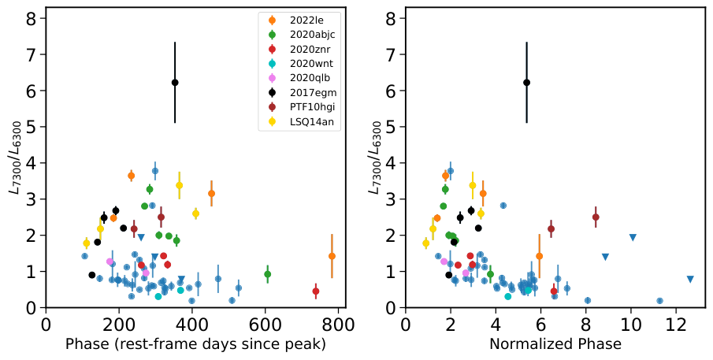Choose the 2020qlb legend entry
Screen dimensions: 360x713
click(303, 78)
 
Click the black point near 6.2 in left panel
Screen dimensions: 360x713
click(175, 82)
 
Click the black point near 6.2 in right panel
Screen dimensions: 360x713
click(526, 82)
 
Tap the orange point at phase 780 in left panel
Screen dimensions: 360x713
click(332, 256)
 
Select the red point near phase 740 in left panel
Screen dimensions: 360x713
click(316, 291)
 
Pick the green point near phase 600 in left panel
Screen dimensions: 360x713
click(268, 274)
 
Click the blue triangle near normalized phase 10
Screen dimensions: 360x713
click(633, 237)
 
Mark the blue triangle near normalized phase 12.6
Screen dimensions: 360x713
click(690, 279)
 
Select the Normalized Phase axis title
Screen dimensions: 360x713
click(555, 344)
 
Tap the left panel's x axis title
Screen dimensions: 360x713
click(195, 344)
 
